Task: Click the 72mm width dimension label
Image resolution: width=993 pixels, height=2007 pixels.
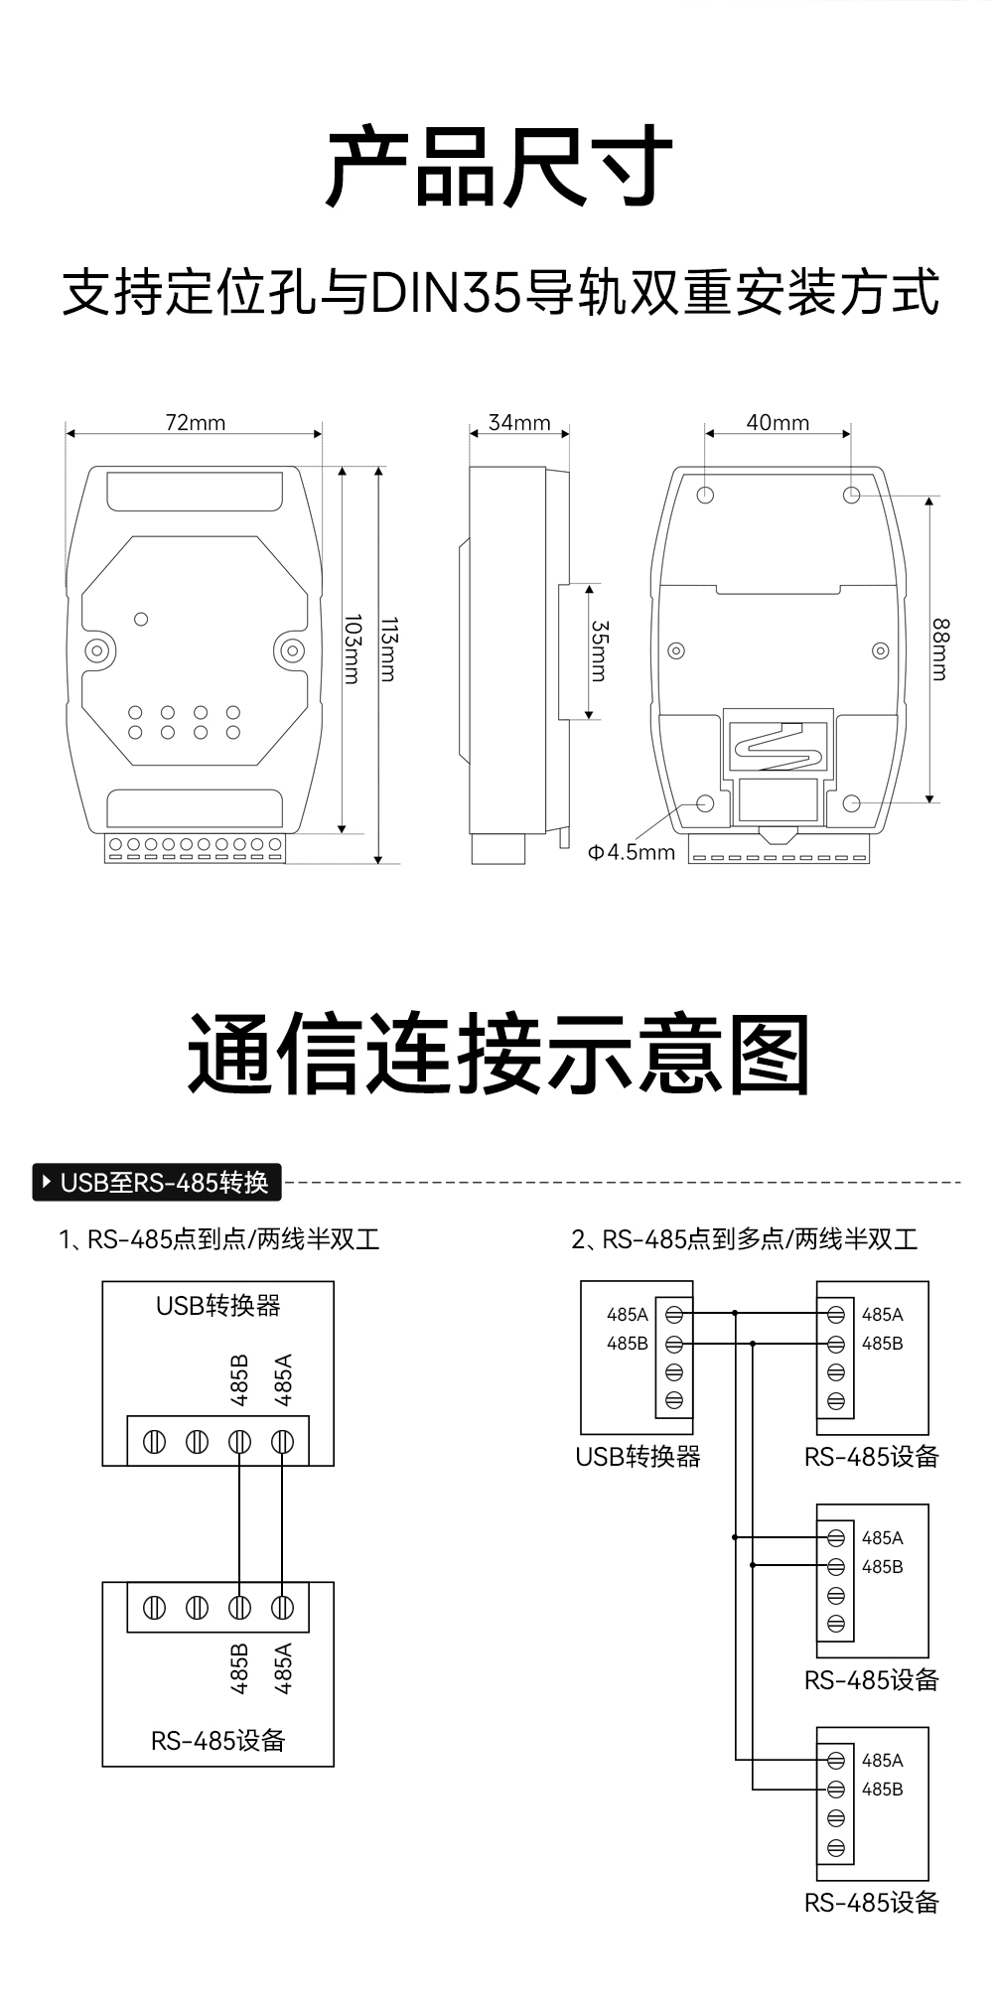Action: click(x=195, y=423)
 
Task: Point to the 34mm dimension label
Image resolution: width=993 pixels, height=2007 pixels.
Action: click(x=518, y=423)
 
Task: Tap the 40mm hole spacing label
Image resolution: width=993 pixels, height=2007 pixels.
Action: click(x=778, y=423)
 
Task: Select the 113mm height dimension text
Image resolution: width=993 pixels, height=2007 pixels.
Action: click(x=388, y=649)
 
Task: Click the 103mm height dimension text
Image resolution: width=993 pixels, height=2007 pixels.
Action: click(x=352, y=649)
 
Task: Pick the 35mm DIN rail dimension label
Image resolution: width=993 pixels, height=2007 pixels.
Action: click(x=599, y=650)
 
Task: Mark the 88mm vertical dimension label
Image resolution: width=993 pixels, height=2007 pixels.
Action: click(x=940, y=649)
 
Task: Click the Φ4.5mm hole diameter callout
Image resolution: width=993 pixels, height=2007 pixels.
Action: click(x=631, y=852)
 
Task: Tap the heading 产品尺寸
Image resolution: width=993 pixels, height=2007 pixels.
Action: click(x=499, y=167)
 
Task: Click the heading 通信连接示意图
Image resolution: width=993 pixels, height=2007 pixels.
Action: click(x=499, y=1055)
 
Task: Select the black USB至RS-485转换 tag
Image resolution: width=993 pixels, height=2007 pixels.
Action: click(x=157, y=1183)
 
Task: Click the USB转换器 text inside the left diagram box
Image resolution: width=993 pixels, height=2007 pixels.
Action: click(x=218, y=1305)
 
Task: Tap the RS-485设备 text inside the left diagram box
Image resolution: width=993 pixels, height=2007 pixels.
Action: click(x=218, y=1741)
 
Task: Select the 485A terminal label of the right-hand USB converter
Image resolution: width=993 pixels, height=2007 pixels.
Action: click(x=628, y=1315)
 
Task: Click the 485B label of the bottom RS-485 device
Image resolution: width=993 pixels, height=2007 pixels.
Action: click(x=882, y=1790)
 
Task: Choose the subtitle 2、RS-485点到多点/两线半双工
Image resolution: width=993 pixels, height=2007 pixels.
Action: click(x=744, y=1239)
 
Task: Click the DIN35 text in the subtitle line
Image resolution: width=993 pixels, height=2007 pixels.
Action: click(x=446, y=293)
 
